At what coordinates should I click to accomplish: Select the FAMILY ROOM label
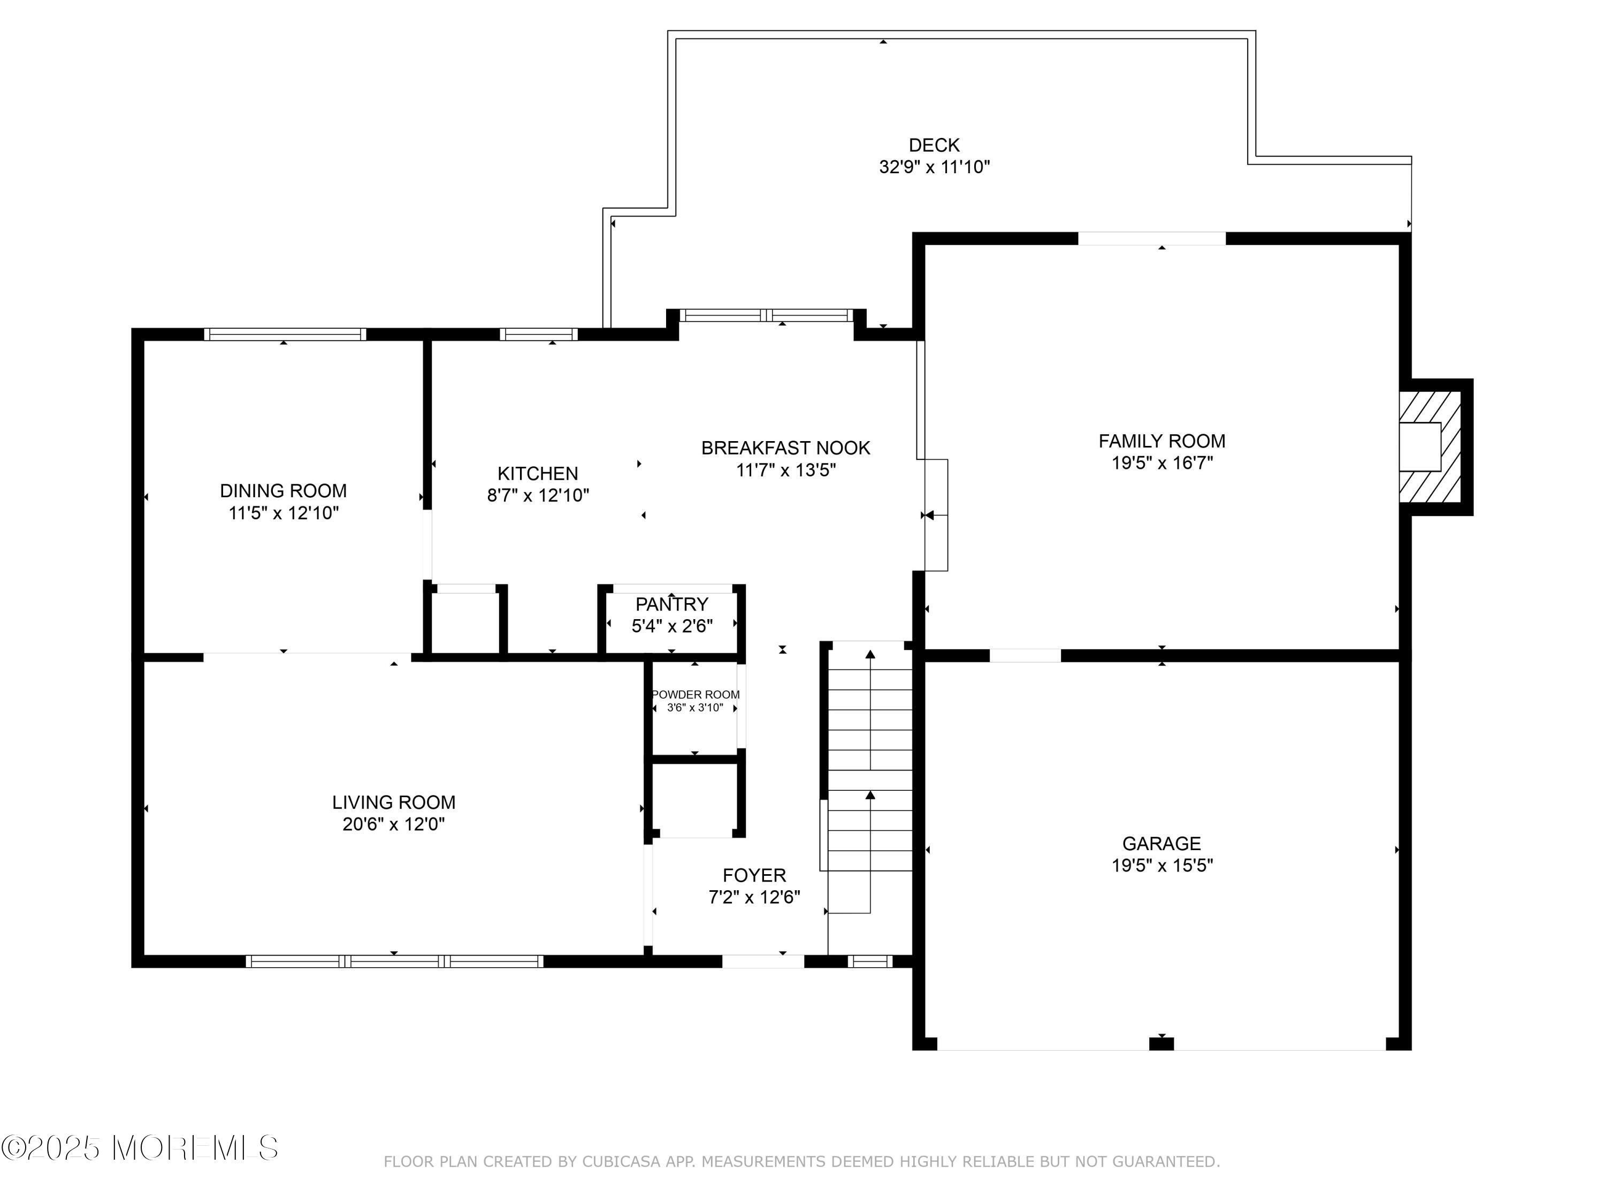point(1161,441)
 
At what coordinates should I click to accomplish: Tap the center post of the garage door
point(1161,1044)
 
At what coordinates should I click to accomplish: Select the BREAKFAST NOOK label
point(786,448)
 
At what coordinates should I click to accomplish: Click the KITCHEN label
point(538,474)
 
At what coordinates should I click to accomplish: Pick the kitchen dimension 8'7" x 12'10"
point(538,495)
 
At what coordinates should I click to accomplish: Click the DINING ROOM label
point(283,491)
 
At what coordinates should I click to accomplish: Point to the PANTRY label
point(672,604)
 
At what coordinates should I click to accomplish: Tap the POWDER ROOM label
point(696,695)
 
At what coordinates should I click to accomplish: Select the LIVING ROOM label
point(394,802)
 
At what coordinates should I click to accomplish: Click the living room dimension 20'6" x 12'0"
point(394,824)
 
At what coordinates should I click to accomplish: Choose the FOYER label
point(754,875)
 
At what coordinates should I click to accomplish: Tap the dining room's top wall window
point(285,334)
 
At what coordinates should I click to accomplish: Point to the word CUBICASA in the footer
point(621,1162)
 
